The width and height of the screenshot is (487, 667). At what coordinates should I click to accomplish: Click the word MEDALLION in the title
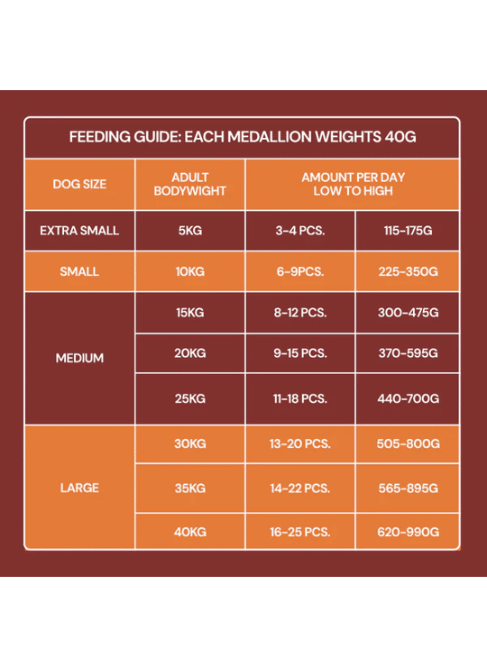coord(269,137)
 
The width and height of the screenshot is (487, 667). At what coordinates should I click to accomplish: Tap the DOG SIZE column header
coord(79,184)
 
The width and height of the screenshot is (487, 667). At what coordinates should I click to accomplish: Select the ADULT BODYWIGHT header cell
coord(190,184)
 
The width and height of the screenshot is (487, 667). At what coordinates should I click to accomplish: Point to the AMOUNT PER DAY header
coord(353,178)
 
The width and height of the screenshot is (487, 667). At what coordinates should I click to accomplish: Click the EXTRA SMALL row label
coord(79,231)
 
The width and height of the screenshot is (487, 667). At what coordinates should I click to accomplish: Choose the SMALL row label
coord(79,271)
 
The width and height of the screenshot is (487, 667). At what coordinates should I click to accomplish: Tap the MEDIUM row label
coord(79,358)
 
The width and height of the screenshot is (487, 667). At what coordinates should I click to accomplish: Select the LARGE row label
coord(79,488)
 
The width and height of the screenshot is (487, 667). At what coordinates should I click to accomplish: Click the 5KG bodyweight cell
coord(190,231)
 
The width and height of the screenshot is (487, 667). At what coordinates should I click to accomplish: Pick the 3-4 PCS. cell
coord(300,231)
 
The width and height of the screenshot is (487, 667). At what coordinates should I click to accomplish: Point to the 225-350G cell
coord(408,271)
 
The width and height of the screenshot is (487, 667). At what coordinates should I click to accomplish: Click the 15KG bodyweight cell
coord(190,313)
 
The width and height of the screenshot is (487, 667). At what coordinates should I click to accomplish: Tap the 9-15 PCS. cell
coord(300,353)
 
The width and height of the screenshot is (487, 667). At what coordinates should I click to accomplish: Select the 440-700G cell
coord(408,398)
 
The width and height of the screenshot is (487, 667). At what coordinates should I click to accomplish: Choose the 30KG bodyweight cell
coord(190,443)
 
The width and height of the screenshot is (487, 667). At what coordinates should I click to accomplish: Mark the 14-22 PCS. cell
coord(300,488)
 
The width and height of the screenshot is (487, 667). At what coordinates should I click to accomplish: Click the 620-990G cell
coord(408,532)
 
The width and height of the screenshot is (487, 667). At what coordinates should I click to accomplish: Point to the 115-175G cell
coord(408,231)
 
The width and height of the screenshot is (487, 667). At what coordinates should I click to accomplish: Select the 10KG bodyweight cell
coord(190,271)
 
